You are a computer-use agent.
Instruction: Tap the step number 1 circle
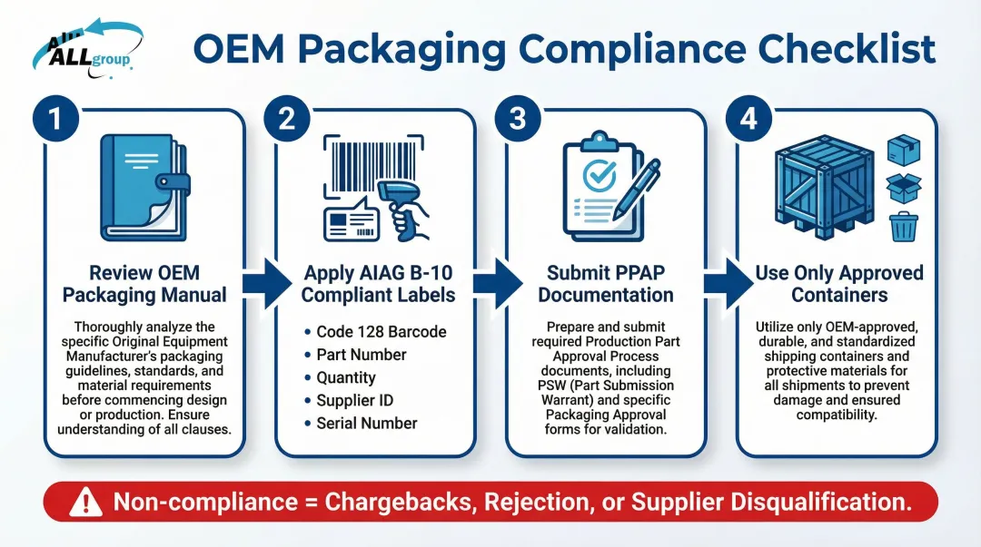coord(56,119)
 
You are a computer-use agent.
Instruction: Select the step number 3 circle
coord(517,119)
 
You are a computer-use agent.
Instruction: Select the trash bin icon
coord(903,226)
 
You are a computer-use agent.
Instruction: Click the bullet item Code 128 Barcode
coord(381,331)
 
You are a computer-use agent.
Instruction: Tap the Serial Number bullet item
coord(366,423)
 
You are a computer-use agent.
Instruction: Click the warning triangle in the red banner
coord(85,501)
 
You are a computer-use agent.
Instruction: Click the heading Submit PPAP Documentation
coord(605,284)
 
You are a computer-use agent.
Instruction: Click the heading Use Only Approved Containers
coord(838,284)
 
